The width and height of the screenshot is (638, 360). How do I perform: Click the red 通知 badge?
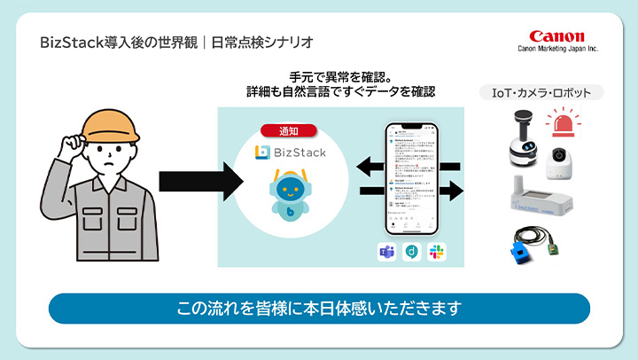pyautogui.click(x=288, y=129)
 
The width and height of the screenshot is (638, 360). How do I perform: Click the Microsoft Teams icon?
pyautogui.click(x=387, y=251)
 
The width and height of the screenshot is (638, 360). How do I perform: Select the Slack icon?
pyautogui.click(x=436, y=251)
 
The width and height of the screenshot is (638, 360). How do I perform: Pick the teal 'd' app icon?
pyautogui.click(x=411, y=251)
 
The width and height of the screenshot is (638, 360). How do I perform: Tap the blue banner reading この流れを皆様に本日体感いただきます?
pyautogui.click(x=318, y=308)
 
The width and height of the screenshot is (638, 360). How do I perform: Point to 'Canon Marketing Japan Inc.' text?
pyautogui.click(x=556, y=50)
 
